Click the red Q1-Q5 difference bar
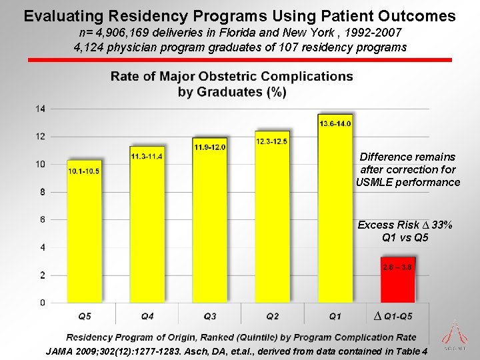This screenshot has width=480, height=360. click(x=397, y=280)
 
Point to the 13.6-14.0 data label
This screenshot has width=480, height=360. click(x=335, y=123)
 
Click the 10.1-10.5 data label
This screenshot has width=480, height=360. click(x=84, y=171)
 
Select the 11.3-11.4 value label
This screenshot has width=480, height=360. click(x=147, y=156)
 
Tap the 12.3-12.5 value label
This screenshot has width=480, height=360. click(x=272, y=141)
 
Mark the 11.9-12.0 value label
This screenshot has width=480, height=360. click(x=209, y=147)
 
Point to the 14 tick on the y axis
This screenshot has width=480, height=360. click(x=41, y=109)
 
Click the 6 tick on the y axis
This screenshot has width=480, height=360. click(x=43, y=219)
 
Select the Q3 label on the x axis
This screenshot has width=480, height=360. click(x=210, y=315)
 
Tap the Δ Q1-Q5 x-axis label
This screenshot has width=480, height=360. click(x=394, y=315)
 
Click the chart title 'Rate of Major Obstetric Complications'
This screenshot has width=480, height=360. click(x=232, y=76)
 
